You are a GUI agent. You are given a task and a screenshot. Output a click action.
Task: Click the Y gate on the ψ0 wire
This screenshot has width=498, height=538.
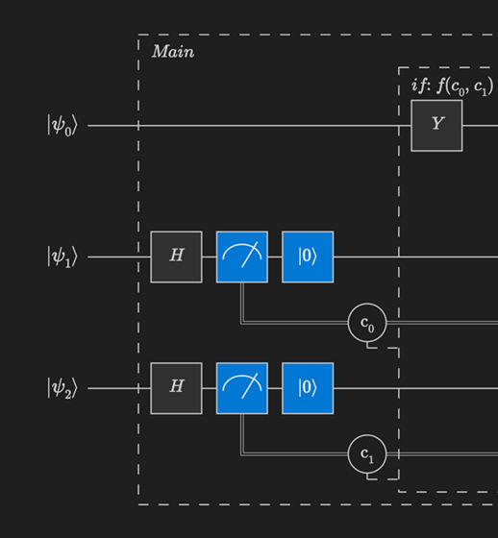tap(436, 125)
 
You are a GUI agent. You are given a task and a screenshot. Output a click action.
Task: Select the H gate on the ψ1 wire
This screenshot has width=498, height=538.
tap(176, 257)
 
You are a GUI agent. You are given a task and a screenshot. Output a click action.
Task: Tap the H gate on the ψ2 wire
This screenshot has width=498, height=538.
tap(176, 388)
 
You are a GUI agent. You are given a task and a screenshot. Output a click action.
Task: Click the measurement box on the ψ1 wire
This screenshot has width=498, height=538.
tap(242, 257)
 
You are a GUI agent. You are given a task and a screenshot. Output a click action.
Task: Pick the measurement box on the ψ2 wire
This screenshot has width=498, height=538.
tap(242, 388)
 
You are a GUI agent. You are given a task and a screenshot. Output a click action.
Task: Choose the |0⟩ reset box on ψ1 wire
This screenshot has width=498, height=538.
tap(308, 257)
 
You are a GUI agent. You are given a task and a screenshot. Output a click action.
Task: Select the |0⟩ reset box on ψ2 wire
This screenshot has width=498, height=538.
tap(308, 388)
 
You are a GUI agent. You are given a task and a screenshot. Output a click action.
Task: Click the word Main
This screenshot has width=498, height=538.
tap(173, 52)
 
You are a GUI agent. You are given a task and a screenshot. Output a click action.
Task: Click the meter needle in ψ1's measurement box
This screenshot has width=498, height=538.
tap(248, 255)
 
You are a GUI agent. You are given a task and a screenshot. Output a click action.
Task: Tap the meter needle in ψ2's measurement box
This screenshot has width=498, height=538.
tap(248, 386)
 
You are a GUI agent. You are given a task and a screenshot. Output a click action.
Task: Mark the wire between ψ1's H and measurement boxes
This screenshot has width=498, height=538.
tap(209, 257)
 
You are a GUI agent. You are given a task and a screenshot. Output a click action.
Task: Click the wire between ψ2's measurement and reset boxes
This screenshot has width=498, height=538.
tap(275, 388)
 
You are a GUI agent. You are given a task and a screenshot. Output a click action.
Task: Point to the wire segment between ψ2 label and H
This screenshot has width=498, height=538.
tap(119, 388)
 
